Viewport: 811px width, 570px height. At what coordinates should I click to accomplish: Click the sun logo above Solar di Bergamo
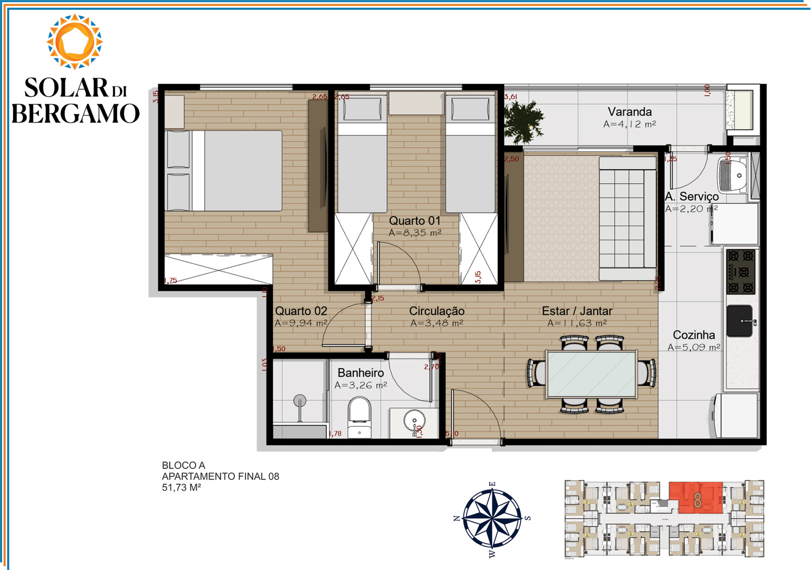[74, 42]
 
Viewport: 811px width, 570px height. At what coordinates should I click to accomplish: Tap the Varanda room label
[629, 112]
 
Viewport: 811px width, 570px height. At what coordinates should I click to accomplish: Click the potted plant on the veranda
[522, 121]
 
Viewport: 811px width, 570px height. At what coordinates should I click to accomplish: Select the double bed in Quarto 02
[223, 171]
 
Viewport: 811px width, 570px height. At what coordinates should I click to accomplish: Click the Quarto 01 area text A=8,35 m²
[415, 233]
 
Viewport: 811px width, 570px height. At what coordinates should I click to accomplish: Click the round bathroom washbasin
[414, 420]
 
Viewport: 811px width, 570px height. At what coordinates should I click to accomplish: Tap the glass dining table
[591, 374]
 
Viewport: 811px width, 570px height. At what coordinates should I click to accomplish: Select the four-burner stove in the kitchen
[741, 271]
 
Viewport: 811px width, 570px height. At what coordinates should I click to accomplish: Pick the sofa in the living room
[627, 218]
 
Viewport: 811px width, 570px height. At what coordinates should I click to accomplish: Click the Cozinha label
[694, 335]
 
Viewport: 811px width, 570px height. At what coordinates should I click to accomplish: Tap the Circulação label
[436, 311]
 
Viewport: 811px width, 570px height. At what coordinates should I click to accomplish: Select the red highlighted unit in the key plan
[697, 497]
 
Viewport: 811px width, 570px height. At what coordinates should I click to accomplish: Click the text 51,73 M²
[181, 488]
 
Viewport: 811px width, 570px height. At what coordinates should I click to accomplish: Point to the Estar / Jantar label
[577, 311]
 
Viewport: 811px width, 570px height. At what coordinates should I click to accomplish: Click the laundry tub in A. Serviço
[733, 175]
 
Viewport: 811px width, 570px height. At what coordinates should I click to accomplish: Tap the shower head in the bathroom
[299, 400]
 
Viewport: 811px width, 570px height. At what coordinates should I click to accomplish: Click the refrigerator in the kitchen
[737, 415]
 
